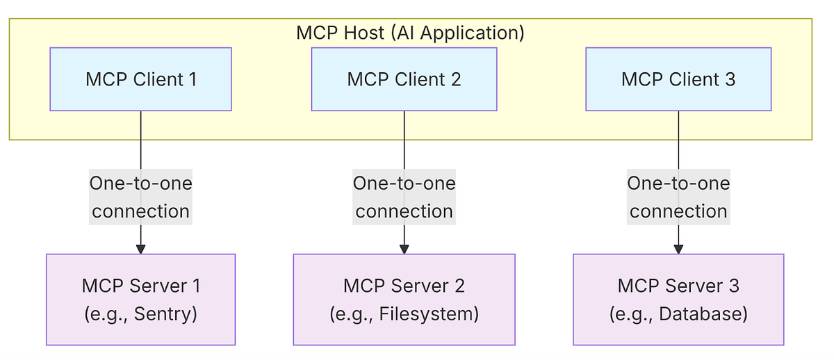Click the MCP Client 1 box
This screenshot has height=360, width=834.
click(140, 79)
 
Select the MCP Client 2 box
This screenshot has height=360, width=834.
click(404, 79)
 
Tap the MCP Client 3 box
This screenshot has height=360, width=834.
click(678, 79)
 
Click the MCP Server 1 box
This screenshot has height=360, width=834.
click(140, 300)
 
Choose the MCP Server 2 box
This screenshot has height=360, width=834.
click(404, 300)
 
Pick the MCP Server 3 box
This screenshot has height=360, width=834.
click(678, 300)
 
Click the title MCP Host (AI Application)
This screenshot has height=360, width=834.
click(410, 33)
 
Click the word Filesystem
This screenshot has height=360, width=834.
click(427, 314)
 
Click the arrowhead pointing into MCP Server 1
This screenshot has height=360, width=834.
click(140, 249)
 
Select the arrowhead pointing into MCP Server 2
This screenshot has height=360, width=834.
click(404, 249)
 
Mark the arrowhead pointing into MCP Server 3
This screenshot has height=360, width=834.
click(678, 249)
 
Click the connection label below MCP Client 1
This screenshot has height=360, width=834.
click(140, 197)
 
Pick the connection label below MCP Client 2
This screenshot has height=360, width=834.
click(404, 197)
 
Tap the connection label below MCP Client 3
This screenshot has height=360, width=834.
click(678, 197)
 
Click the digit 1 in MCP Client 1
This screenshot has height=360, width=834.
click(192, 79)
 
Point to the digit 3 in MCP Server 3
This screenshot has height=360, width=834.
click(734, 286)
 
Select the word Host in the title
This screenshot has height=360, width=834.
click(359, 33)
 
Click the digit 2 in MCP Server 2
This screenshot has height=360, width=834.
click(459, 286)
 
